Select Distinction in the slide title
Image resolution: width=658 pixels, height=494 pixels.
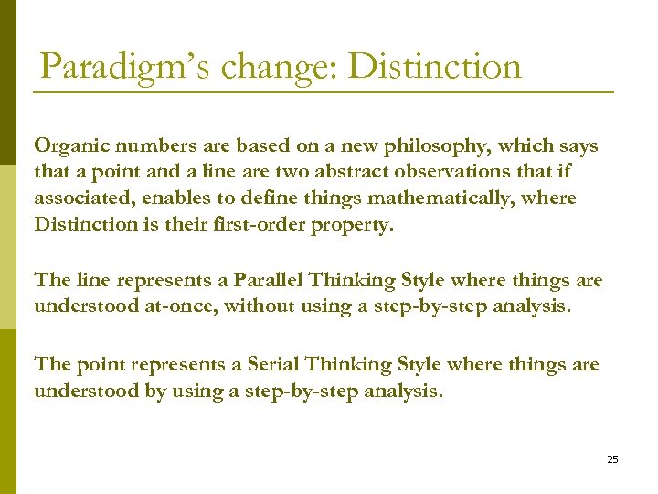437,68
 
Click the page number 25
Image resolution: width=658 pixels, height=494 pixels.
612,459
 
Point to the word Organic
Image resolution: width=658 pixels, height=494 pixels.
66,146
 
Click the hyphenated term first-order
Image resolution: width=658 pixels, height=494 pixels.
253,225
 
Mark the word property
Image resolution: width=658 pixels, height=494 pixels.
353,225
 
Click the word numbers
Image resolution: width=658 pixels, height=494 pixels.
141,146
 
